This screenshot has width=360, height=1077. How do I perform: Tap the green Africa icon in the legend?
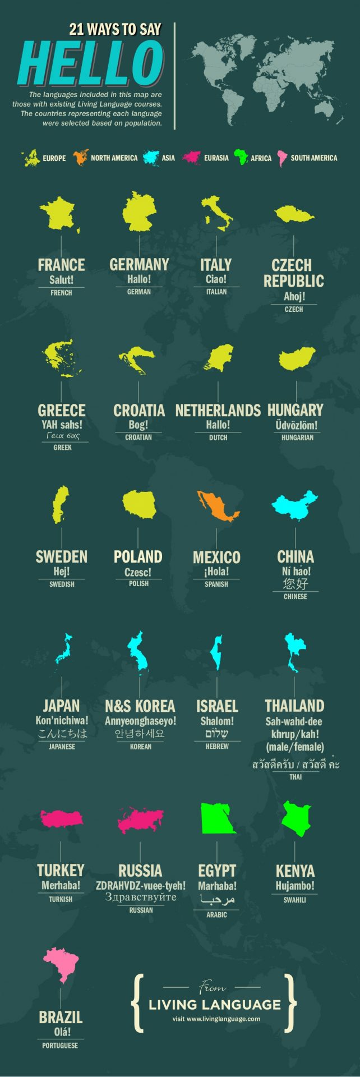pyautogui.click(x=241, y=157)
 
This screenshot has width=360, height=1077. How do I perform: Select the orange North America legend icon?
pyautogui.click(x=80, y=158)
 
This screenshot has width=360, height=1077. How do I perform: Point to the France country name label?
pyautogui.click(x=61, y=264)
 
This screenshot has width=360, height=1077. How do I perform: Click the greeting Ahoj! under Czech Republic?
pyautogui.click(x=294, y=297)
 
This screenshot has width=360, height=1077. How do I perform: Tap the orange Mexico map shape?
pyautogui.click(x=216, y=505)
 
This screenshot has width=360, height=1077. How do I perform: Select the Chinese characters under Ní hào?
pyautogui.click(x=296, y=583)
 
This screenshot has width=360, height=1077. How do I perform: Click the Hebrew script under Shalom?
pyautogui.click(x=217, y=734)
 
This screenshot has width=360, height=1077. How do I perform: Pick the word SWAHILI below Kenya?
pyautogui.click(x=294, y=900)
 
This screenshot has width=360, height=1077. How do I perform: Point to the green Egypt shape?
pyautogui.click(x=218, y=818)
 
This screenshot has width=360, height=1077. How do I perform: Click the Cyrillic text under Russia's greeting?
pyautogui.click(x=140, y=897)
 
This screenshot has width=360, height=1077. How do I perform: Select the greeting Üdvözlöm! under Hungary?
pyautogui.click(x=297, y=425)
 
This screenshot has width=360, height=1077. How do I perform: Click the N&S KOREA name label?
pyautogui.click(x=140, y=706)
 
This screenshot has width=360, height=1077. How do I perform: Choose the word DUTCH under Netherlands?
pyautogui.click(x=218, y=438)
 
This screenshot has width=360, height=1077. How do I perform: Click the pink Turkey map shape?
pyautogui.click(x=61, y=818)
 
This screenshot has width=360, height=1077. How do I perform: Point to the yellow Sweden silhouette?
pyautogui.click(x=61, y=503)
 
